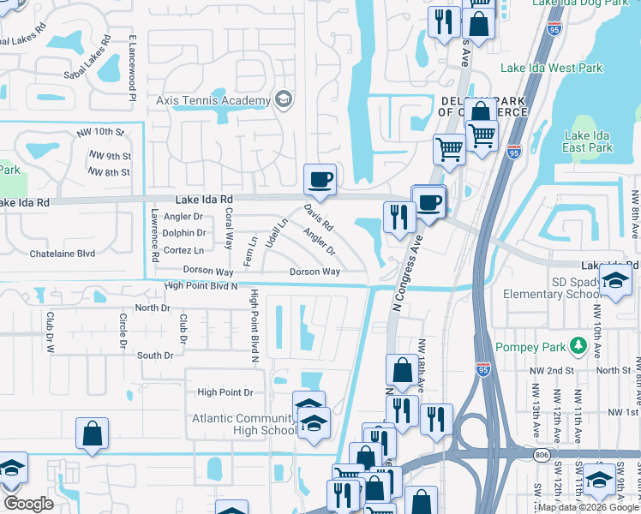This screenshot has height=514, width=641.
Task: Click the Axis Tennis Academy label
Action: click(213, 101)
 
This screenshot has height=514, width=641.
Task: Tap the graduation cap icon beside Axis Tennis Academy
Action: click(283, 100)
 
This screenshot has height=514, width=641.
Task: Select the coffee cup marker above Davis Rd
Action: click(320, 179)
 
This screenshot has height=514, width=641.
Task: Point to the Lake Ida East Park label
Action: click(589, 141)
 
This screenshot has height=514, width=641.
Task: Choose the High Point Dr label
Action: click(225, 392)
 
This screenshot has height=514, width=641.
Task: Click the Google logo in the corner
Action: click(29, 504)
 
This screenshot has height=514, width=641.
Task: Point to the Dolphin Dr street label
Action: click(183, 233)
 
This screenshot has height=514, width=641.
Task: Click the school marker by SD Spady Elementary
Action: click(615, 282)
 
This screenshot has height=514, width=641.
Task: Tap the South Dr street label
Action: click(155, 356)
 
